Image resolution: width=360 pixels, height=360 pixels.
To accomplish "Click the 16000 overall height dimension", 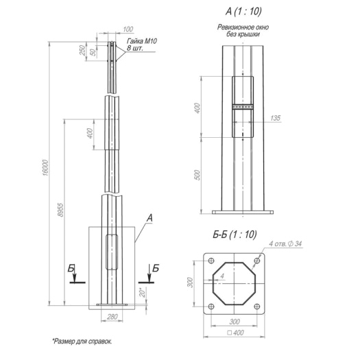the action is coord(46,168).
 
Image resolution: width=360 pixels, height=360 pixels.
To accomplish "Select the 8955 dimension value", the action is coord(60,210).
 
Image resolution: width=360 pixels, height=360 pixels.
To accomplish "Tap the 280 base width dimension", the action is coord(112,317).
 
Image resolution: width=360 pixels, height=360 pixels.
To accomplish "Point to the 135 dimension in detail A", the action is coord(275,118).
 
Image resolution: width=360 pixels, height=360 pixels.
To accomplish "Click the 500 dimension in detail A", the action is coord(197,175).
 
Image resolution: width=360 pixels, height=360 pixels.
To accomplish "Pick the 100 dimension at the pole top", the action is coord(128,29).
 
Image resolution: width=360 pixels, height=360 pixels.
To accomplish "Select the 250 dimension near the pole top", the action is coord(82,50).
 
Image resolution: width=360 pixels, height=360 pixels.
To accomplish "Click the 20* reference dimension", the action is coord(143,292).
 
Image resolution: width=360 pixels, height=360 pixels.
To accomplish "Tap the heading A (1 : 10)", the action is coord(243,11).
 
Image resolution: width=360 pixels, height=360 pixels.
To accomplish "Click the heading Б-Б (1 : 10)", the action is coord(235,235).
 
